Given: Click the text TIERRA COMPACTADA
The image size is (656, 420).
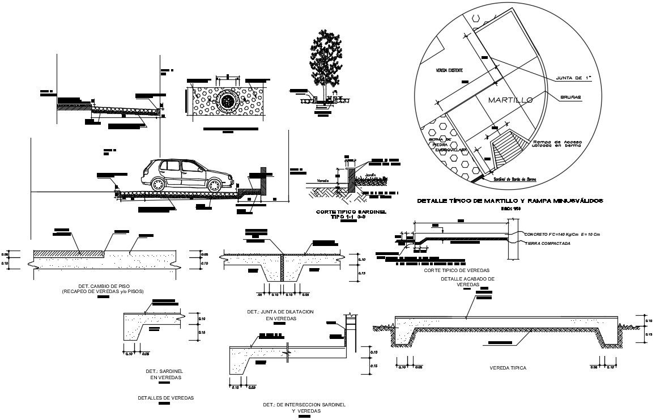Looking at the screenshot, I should [x=547, y=243].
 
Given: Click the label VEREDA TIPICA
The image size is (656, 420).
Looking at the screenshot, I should [x=508, y=368].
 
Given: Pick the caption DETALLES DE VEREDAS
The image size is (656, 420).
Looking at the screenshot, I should [x=166, y=398].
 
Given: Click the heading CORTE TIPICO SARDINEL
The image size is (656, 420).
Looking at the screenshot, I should [x=351, y=211].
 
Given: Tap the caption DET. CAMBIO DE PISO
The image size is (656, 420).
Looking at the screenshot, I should [x=103, y=286].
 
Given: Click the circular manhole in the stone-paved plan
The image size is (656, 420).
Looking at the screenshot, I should [x=227, y=101].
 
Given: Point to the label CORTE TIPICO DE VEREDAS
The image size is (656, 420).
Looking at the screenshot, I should [x=457, y=271].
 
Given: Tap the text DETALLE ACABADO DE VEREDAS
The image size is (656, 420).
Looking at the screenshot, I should [x=468, y=282].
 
